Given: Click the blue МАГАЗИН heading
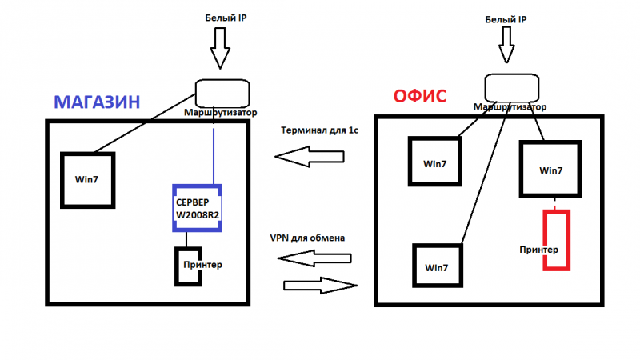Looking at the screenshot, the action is tap(97, 102).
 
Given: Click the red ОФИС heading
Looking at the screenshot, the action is tap(419, 96).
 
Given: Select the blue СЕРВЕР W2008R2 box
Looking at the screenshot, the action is tap(197, 186).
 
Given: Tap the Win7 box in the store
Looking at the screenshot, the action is tap(62, 180).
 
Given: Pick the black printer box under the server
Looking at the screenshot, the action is tap(177, 266).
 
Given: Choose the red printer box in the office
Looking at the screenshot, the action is tap(545, 240).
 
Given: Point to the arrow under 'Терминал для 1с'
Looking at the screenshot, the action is tap(310, 157).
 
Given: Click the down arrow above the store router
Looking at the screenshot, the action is tap(220, 48).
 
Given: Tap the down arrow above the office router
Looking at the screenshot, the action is tap(506, 45).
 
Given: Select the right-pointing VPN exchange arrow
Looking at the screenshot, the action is tap(321, 286).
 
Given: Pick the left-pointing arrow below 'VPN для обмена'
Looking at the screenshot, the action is tap(314, 258).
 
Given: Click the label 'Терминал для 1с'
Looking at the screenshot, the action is tap(319, 130).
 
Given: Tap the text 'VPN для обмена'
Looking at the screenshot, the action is tap(307, 238).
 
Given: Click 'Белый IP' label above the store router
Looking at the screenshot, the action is tap(226, 18).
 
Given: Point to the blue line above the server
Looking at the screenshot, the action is tap(214, 156).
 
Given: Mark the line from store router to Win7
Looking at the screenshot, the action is tap(145, 123).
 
